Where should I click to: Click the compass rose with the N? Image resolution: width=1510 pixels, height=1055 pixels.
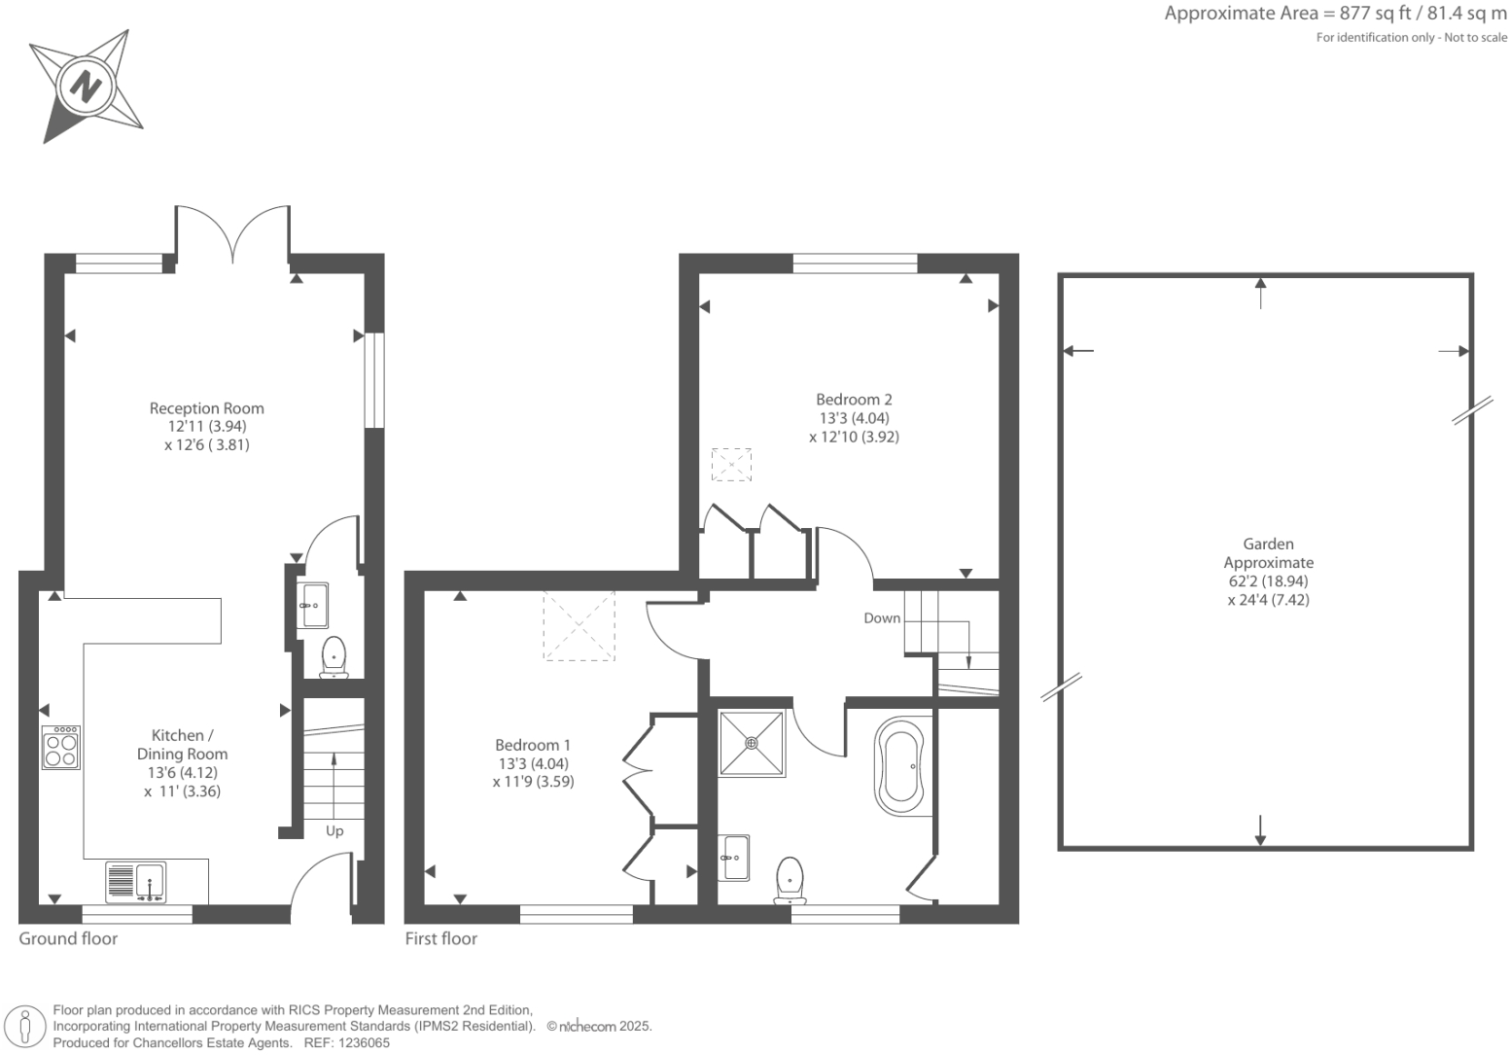point(87,87)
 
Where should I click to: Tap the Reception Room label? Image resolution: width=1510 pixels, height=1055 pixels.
point(206,408)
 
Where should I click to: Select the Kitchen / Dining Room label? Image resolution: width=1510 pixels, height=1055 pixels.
point(182,745)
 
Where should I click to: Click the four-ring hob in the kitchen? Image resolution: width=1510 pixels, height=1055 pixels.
point(61,748)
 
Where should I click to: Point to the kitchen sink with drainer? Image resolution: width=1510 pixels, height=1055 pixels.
point(136,882)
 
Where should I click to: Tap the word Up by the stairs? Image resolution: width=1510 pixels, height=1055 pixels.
point(334,830)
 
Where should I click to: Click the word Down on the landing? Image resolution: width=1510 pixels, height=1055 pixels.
point(882,618)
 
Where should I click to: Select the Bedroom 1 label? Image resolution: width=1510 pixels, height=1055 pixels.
point(533,745)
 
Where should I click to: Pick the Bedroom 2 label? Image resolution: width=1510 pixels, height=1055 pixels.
point(854,400)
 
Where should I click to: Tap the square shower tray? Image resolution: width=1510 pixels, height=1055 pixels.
point(751,744)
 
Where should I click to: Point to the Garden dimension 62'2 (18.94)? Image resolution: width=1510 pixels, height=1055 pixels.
point(1268,581)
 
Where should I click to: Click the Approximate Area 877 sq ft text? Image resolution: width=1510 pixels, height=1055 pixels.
point(1335,14)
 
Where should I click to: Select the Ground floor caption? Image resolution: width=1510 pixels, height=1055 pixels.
point(68,938)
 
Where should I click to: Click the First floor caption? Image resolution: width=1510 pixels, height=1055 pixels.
point(441,938)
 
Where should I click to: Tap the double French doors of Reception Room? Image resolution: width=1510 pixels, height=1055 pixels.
point(232,234)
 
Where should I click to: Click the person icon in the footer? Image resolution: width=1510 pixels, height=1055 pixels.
point(26,1028)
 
